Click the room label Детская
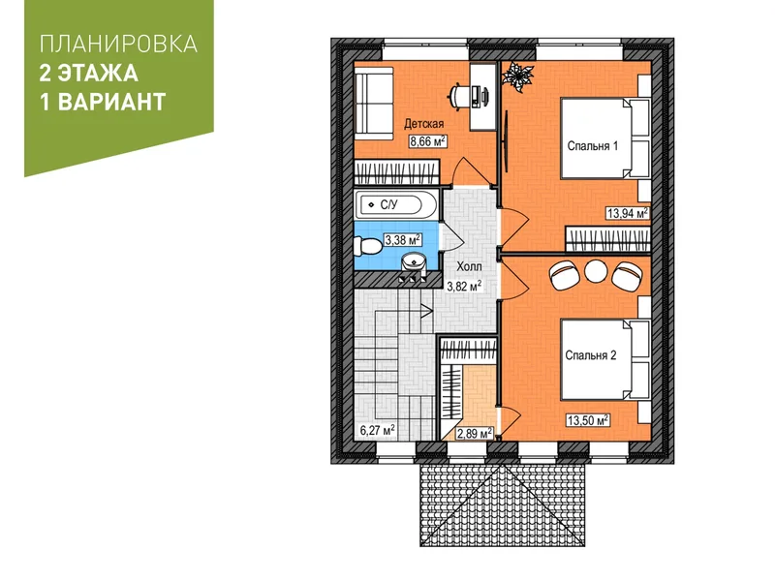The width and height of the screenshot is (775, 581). click(x=423, y=124)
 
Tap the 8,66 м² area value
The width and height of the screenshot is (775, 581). click(x=427, y=141)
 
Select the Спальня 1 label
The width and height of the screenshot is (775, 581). click(x=592, y=146)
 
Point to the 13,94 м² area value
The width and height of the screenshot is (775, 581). click(x=627, y=213)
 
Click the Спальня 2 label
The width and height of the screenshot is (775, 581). click(x=591, y=355)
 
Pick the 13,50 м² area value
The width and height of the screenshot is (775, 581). click(x=587, y=420)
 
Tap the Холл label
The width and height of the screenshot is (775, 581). click(x=469, y=267)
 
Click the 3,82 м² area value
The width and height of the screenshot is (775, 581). click(x=464, y=286)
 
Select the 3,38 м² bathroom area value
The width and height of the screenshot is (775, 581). click(x=402, y=240)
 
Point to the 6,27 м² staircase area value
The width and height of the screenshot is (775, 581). click(x=377, y=430)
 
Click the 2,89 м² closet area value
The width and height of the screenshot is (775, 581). click(x=475, y=433)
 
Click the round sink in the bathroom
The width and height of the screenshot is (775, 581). click(x=414, y=260)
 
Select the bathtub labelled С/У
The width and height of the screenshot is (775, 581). click(x=396, y=204)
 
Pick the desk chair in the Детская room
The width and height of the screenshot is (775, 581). click(x=458, y=94)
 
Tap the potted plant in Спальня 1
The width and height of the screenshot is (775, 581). click(x=517, y=77)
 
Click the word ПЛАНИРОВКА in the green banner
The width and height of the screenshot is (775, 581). click(x=118, y=44)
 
